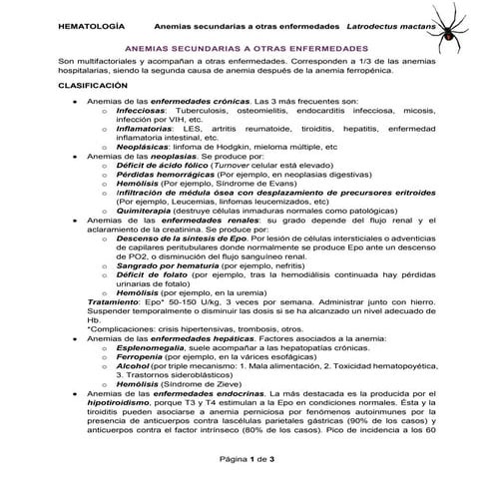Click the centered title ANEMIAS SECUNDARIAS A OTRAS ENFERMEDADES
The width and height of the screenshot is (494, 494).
click(246, 47)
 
